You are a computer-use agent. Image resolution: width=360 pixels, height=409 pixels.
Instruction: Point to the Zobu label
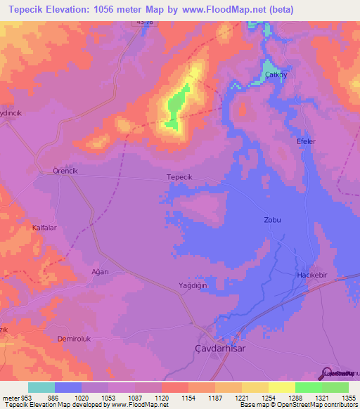click(x=272, y=220)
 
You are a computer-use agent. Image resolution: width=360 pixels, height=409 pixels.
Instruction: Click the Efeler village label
click(x=305, y=141)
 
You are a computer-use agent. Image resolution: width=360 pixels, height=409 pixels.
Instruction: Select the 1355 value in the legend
click(x=349, y=397)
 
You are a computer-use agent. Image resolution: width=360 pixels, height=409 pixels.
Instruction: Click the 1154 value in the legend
click(x=188, y=397)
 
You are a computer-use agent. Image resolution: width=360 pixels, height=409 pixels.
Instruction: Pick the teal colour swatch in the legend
click(x=41, y=387)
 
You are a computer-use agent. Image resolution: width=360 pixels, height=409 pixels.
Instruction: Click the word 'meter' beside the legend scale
click(x=11, y=397)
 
